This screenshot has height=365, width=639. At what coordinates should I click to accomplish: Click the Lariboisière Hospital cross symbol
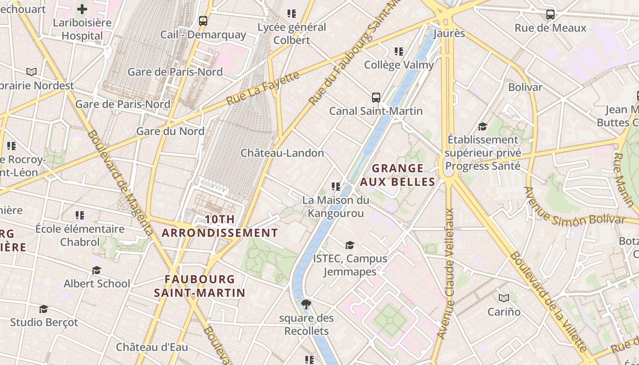pyautogui.click(x=82, y=9)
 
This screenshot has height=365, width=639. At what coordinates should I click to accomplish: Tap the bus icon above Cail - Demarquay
pyautogui.click(x=203, y=21)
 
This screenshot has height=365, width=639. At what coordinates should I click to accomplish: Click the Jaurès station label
pyautogui.click(x=449, y=33)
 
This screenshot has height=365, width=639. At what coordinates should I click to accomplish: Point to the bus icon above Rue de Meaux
pyautogui.click(x=550, y=15)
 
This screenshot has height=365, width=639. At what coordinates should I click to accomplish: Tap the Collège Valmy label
pyautogui.click(x=399, y=65)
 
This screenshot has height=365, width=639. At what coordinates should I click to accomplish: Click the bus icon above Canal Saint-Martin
pyautogui.click(x=376, y=97)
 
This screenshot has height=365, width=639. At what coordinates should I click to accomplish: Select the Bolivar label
pyautogui.click(x=525, y=87)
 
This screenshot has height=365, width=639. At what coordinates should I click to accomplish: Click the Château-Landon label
pyautogui.click(x=282, y=153)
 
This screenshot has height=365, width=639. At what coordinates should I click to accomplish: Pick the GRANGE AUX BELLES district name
pyautogui.click(x=398, y=175)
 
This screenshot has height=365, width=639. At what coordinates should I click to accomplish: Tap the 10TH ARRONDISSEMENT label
pyautogui.click(x=220, y=226)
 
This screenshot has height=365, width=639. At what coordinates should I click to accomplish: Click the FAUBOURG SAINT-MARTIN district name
pyautogui.click(x=200, y=286)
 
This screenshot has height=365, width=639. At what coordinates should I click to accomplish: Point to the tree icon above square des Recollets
pyautogui.click(x=306, y=304)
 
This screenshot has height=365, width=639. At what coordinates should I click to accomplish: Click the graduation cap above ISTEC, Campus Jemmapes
pyautogui.click(x=350, y=245)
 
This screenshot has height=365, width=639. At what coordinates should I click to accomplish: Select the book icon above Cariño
pyautogui.click(x=504, y=298)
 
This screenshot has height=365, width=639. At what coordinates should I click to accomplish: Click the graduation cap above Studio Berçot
pyautogui.click(x=44, y=309)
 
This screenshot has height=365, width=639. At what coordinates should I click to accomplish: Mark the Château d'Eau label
pyautogui.click(x=152, y=347)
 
